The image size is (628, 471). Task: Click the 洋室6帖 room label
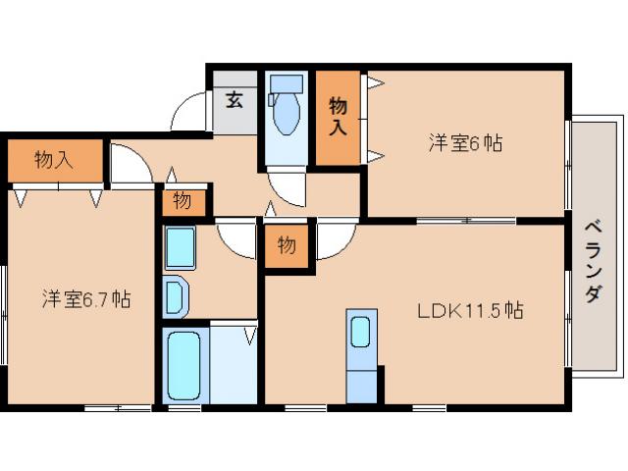[x=465, y=142]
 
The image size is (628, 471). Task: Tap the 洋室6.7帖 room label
[x=85, y=298]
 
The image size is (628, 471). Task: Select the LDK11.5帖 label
[x=469, y=311]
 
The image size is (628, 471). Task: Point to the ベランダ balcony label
[x=593, y=259]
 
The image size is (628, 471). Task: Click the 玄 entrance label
[x=235, y=99]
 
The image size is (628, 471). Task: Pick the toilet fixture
[x=286, y=108]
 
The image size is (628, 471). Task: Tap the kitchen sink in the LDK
[x=361, y=331]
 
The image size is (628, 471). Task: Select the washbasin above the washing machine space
[x=179, y=247]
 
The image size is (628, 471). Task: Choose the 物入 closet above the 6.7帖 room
[x=54, y=159]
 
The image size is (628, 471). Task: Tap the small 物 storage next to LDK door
[x=286, y=245]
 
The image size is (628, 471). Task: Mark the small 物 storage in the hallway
[x=183, y=201]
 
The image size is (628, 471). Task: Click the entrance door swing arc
[x=187, y=113]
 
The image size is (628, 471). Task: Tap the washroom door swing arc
[x=235, y=239]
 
